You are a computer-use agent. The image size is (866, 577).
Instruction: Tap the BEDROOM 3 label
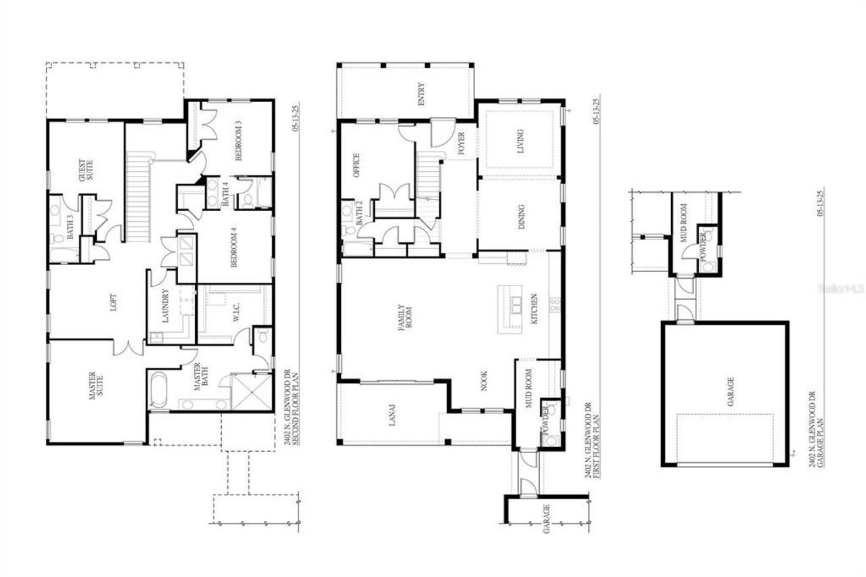[238, 141]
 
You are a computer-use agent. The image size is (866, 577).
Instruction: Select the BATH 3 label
[70, 227]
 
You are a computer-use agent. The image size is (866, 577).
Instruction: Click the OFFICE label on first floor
[357, 166]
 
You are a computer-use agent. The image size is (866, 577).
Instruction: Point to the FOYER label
[461, 143]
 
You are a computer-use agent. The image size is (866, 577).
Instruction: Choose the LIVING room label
[520, 141]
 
